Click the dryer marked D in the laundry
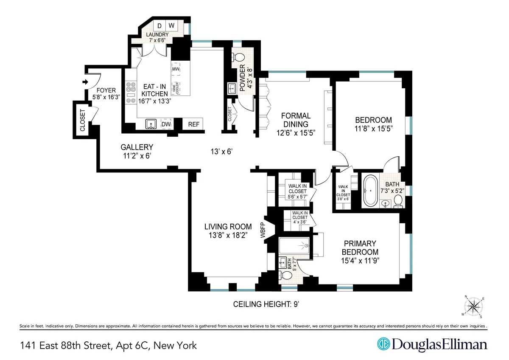[159, 25]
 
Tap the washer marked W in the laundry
[172, 25]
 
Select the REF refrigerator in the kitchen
[193, 124]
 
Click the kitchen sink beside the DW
[151, 124]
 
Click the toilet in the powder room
[239, 58]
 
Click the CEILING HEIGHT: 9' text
[267, 304]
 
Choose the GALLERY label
[137, 147]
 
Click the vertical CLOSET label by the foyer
[82, 120]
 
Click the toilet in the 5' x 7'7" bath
[287, 275]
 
